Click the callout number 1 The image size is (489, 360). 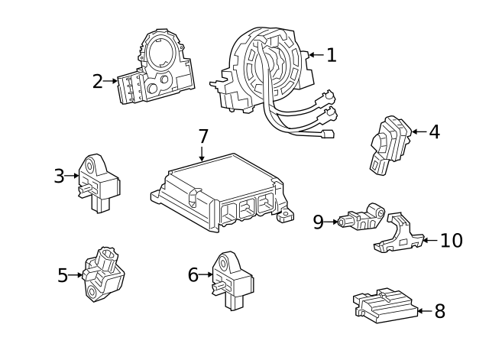point(331,54)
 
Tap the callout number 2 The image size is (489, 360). point(97,80)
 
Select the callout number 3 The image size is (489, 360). point(59,176)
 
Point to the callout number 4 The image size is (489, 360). point(434,131)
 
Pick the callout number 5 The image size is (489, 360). point(63,274)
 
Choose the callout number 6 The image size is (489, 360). point(193,274)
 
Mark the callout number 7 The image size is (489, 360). point(202,137)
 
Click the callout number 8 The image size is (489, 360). point(439,311)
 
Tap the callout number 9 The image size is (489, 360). point(319,222)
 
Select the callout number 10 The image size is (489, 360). point(452,241)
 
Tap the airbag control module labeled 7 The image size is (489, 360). point(218,191)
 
